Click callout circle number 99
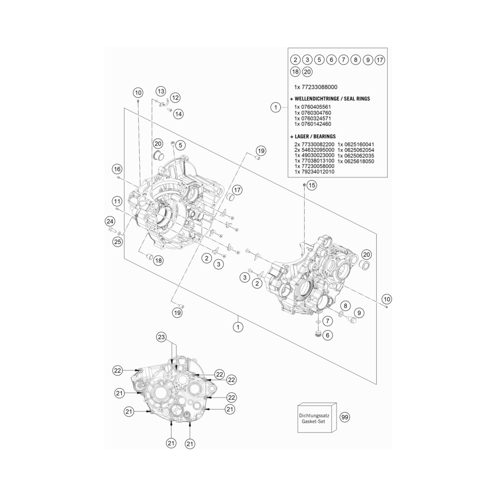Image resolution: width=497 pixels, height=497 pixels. coord(344,417)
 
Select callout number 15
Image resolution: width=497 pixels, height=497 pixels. coord(312,185)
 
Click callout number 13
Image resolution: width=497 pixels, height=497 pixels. coord(161,91)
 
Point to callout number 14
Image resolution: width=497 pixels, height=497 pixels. coord(178,114)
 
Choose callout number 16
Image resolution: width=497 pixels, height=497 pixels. coord(117,169)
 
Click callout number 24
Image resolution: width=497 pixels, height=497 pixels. coord(110,221)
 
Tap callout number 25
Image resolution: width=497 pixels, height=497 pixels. coord(118,242)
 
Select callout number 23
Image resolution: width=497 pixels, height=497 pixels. coord(162,337)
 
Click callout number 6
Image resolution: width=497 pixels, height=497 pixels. coord(328,335)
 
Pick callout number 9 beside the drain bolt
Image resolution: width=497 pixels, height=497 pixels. coord(359,313)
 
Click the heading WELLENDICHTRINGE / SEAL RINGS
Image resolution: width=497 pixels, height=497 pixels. coord(330,98)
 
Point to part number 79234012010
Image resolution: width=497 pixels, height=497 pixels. coord(318,172)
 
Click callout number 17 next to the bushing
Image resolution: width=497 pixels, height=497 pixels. coord(237,190)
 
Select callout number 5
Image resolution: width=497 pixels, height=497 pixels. coord(180,146)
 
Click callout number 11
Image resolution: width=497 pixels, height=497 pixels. coord(117,201)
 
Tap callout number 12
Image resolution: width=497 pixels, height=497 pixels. coord(175,97)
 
